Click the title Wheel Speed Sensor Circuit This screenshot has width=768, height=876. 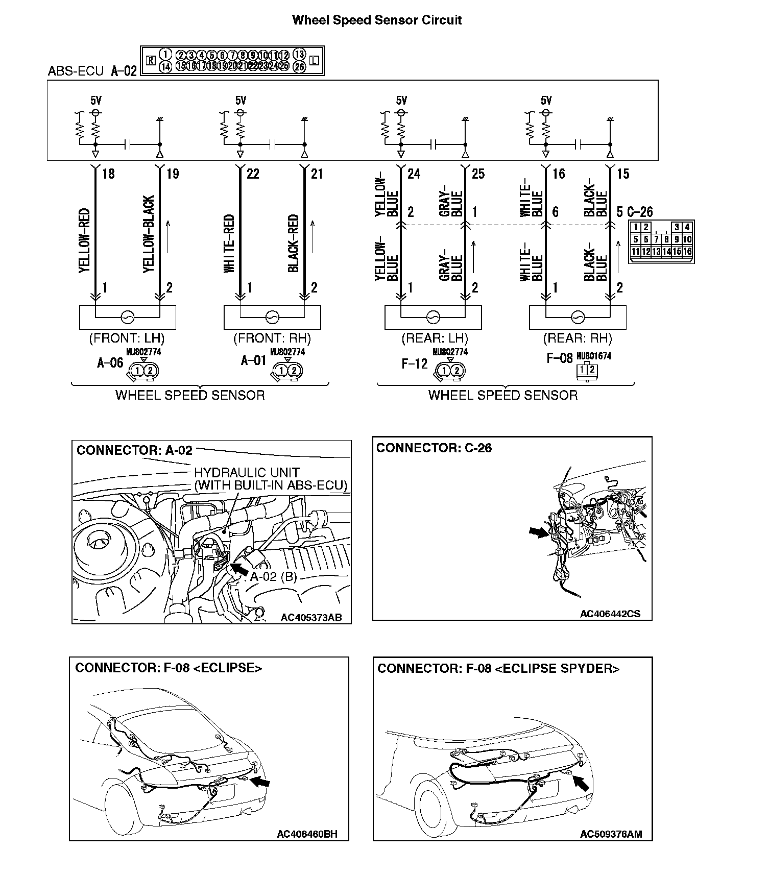(377, 20)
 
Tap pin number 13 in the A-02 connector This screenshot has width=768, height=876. (299, 55)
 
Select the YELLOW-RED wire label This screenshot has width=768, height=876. (85, 240)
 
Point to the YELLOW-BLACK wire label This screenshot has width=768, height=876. (149, 234)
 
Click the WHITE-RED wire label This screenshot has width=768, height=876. (229, 244)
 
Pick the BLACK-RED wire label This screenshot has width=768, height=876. (293, 244)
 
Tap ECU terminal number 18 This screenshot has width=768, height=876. (108, 174)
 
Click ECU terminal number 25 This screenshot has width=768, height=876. (478, 174)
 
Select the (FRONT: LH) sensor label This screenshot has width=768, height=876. (127, 338)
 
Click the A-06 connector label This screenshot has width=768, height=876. (110, 363)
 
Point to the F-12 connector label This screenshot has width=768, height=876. (414, 364)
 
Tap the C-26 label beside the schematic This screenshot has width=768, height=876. (640, 212)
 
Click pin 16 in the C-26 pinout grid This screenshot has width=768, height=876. (687, 252)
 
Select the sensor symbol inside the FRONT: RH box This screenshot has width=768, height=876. (272, 318)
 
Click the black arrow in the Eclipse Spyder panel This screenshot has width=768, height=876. (581, 783)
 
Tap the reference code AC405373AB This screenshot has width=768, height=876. (311, 618)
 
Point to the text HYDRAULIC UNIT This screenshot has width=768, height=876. (247, 473)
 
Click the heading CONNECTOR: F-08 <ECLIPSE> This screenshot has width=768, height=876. (169, 668)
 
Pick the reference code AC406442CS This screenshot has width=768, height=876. (610, 614)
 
